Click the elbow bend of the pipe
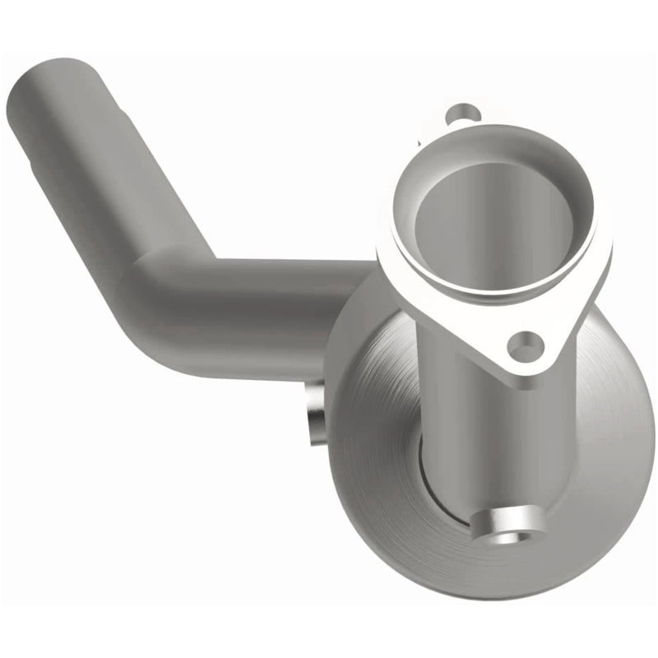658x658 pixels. (164, 288)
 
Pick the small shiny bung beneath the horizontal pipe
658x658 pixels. (314, 416)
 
